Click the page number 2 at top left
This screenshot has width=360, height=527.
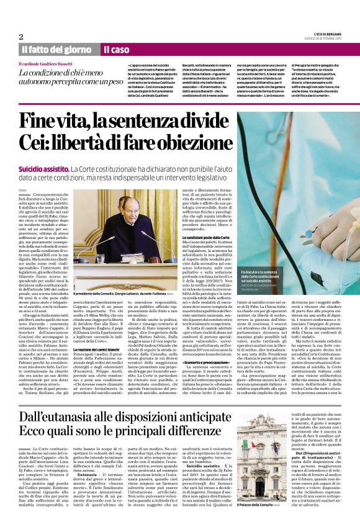click(x=20, y=36)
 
